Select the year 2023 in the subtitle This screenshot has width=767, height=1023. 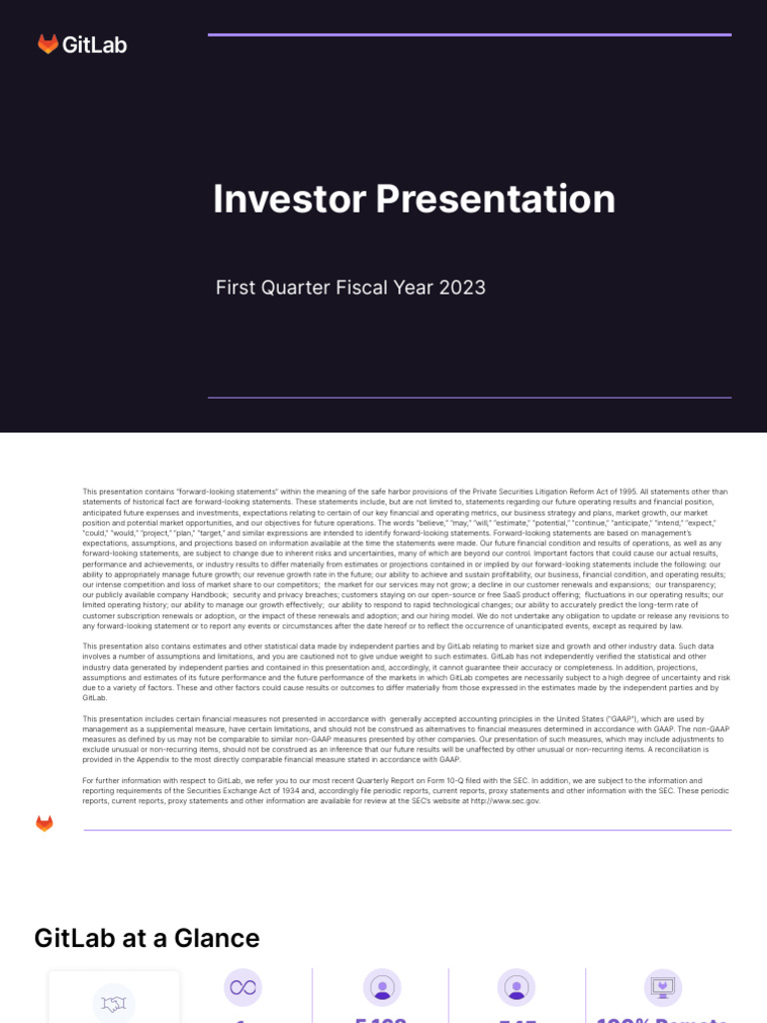click(x=461, y=288)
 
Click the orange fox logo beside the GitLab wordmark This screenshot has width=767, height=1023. click(x=48, y=44)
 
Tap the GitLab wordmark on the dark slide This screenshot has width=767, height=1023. click(x=95, y=45)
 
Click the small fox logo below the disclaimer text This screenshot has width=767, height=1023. click(x=44, y=823)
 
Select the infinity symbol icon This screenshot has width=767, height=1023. click(x=242, y=987)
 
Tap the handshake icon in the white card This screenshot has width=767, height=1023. click(x=113, y=1004)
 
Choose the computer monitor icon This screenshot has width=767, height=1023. click(x=663, y=987)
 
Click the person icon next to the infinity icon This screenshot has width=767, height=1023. click(x=382, y=987)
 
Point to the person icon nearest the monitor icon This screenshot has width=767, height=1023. click(x=516, y=987)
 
